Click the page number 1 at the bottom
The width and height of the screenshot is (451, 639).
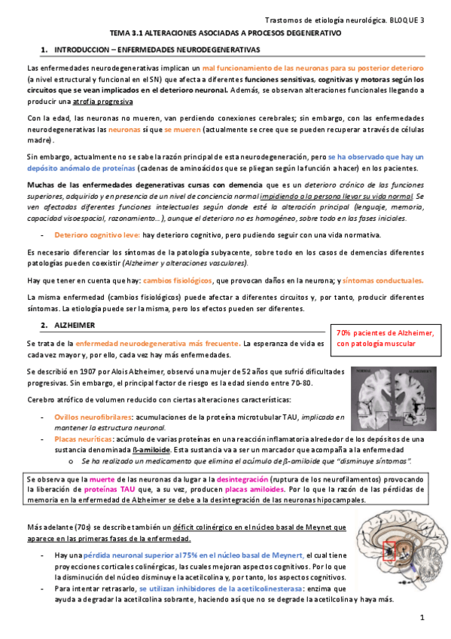click(422, 618)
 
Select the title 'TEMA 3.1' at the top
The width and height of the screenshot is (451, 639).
click(130, 34)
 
